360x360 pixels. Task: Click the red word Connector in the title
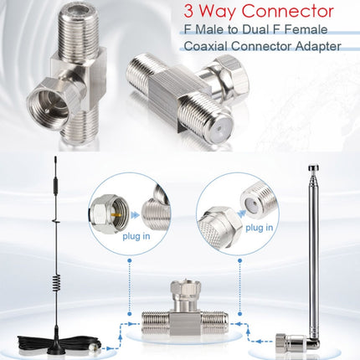coord(288,12)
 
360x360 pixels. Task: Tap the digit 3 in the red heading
coord(189,12)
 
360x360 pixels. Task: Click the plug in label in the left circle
coord(136,236)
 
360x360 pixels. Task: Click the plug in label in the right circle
coord(259,228)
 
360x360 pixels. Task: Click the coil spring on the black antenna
coord(56,284)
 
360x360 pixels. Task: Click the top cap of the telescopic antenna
coord(313,168)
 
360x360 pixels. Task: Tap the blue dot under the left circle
coord(129,260)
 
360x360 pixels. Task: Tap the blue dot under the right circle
coord(239,260)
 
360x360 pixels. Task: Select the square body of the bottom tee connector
coord(184,324)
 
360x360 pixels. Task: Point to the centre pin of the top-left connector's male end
coord(49,111)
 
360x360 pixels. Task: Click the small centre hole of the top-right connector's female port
coord(219,129)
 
